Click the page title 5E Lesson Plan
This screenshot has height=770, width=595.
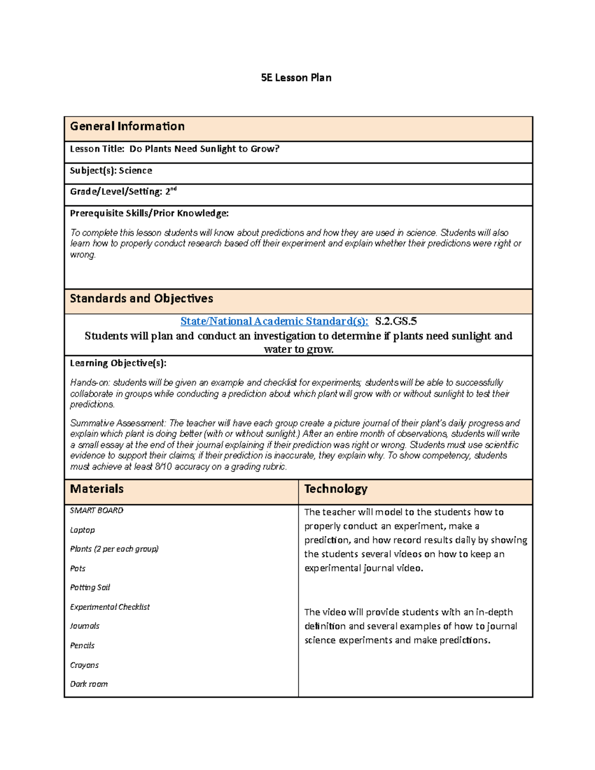click(x=296, y=78)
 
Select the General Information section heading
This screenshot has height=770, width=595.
click(x=127, y=126)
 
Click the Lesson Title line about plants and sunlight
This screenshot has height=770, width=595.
click(x=175, y=149)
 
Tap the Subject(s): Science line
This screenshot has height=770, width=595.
click(x=111, y=171)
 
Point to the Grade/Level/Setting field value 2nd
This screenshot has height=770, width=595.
click(x=171, y=191)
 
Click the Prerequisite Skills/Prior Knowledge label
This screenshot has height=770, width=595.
click(x=149, y=213)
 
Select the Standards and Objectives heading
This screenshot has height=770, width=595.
click(x=141, y=298)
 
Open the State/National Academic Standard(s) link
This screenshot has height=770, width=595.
click(x=274, y=321)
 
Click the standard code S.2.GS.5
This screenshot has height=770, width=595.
click(x=396, y=321)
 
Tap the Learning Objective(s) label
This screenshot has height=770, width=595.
click(x=118, y=363)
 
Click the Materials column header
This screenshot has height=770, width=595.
click(x=97, y=489)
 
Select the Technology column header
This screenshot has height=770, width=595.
click(x=336, y=489)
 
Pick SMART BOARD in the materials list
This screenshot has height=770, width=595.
click(x=97, y=510)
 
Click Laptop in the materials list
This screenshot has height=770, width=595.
click(x=82, y=530)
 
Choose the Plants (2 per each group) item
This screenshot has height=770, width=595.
click(x=114, y=549)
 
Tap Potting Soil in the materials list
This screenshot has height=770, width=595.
click(x=90, y=588)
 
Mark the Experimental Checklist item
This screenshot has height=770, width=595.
click(x=110, y=607)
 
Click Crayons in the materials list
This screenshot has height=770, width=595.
click(x=84, y=665)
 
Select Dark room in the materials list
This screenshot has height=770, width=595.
click(x=89, y=684)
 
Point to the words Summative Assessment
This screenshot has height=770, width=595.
click(x=118, y=423)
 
